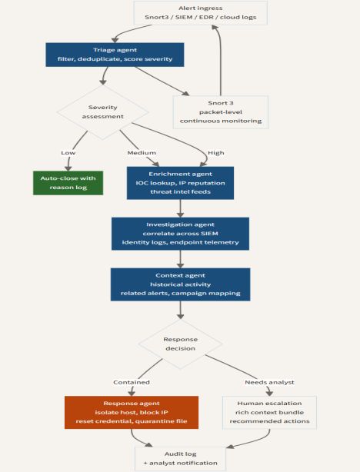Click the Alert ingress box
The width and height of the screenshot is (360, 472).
200,12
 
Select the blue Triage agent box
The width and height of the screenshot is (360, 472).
115,55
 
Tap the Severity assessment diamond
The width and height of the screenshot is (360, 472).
103,112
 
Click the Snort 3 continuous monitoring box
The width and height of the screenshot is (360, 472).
221,112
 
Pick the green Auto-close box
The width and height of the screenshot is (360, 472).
68,183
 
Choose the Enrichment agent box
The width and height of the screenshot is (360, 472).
180,183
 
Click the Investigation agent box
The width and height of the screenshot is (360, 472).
180,234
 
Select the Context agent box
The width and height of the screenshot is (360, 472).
180,284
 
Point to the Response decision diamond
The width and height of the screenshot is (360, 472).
180,344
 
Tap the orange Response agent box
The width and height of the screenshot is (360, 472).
132,412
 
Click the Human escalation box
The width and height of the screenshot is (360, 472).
269,412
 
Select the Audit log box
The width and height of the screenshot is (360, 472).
180,458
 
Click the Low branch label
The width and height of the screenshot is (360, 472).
68,153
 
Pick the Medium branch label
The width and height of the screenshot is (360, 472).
142,153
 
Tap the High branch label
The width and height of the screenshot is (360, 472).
216,153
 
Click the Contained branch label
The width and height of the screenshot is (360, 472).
132,382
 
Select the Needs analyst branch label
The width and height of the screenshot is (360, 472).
269,382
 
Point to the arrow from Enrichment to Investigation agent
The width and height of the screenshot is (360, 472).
180,208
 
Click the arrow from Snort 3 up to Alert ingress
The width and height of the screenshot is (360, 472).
220,60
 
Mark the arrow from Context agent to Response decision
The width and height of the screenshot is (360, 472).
180,310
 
